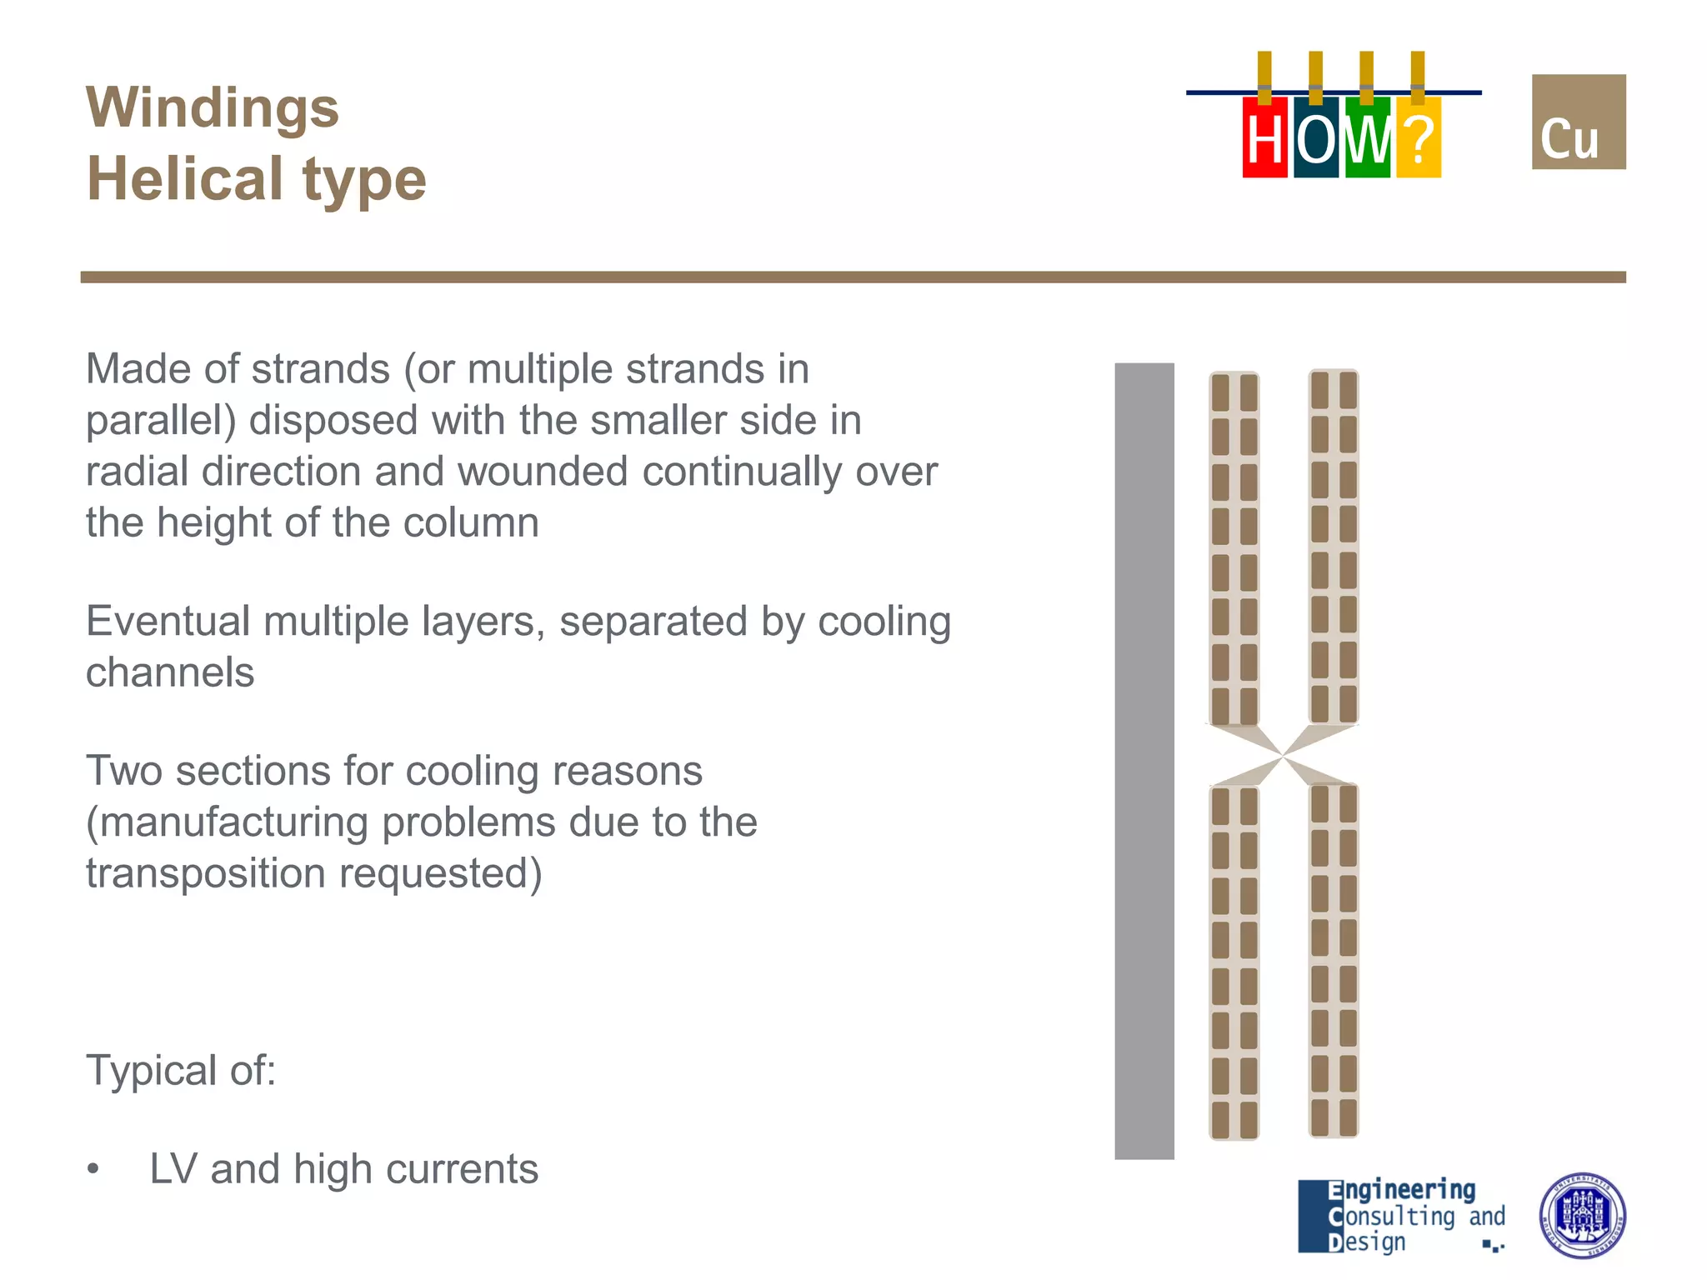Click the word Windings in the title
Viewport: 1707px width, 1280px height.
point(213,108)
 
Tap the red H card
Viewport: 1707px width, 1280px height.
point(1264,138)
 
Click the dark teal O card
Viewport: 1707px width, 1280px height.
point(1316,138)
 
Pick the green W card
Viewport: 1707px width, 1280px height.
point(1367,138)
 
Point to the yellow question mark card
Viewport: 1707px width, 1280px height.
point(1418,138)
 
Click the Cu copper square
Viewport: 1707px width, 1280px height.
point(1578,122)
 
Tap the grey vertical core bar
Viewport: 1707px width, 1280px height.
point(1144,760)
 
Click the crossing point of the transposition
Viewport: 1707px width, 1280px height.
point(1284,756)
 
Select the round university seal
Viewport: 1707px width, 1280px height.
point(1581,1216)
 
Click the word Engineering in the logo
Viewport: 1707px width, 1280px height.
point(1401,1190)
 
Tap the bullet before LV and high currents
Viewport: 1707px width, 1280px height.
point(93,1170)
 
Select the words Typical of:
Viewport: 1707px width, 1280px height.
point(181,1070)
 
